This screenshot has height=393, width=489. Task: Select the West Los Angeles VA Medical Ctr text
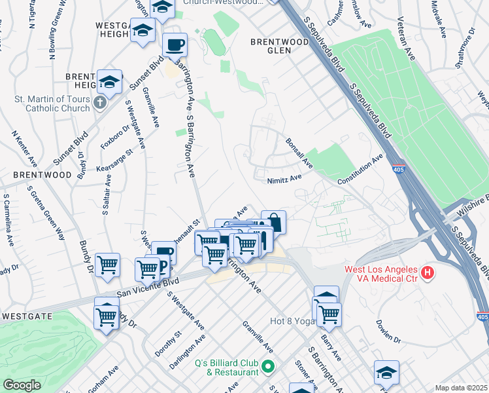tap(382, 276)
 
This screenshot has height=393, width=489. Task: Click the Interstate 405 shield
tap(398, 170)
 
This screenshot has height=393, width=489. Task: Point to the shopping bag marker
tap(273, 221)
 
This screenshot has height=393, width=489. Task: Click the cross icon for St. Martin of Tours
tap(99, 102)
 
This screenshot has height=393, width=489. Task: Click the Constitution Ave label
tap(360, 170)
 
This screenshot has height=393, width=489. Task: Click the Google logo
tap(22, 385)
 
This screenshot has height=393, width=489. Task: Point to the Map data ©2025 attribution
tap(462, 388)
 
